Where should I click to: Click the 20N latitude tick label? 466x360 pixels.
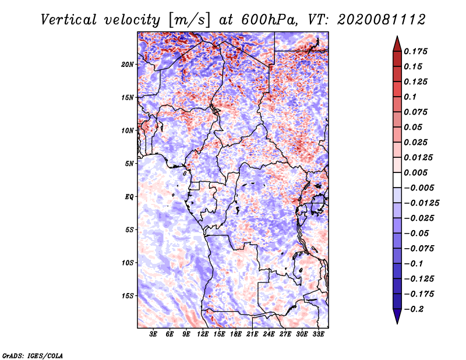click(x=128, y=65)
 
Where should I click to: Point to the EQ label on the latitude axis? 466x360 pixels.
click(x=129, y=197)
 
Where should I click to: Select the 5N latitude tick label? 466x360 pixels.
click(x=129, y=164)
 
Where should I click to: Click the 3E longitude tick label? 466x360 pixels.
click(x=153, y=334)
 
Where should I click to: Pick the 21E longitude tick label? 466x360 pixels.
click(x=252, y=334)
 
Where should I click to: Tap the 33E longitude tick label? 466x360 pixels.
click(x=318, y=334)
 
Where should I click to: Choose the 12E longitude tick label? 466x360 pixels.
click(x=202, y=334)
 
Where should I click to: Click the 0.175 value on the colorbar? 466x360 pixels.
click(x=415, y=51)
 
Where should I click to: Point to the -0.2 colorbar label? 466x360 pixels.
click(x=414, y=309)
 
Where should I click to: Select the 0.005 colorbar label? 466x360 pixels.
click(x=415, y=172)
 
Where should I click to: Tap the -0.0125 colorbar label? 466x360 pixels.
click(x=421, y=203)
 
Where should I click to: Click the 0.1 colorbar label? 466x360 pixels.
click(x=410, y=97)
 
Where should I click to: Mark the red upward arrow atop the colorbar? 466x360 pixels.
click(x=397, y=44)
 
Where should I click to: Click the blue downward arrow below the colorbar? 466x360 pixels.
click(x=397, y=316)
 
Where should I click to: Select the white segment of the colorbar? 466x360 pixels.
click(x=397, y=180)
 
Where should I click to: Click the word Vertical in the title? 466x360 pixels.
click(x=69, y=20)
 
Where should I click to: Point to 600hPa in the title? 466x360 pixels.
click(x=269, y=20)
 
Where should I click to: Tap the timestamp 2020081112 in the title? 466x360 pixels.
click(x=382, y=20)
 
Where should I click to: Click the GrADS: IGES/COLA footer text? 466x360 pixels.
click(x=33, y=356)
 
